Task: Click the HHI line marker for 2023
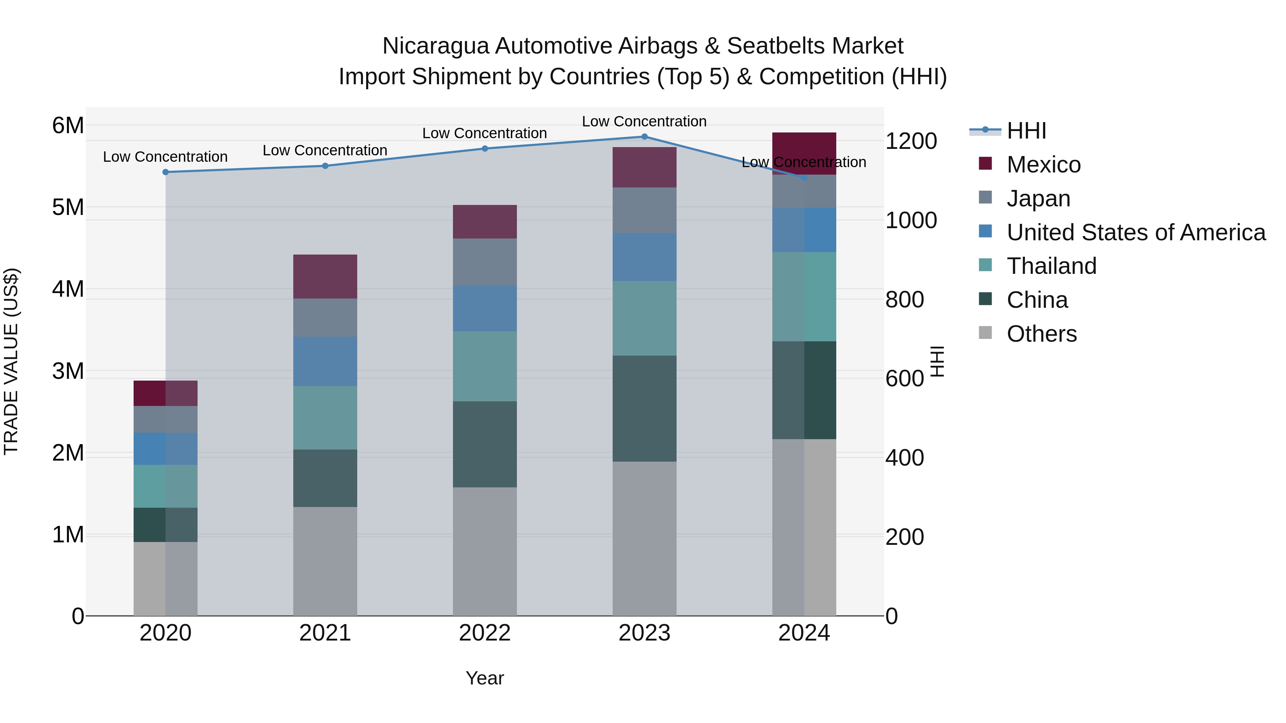click(644, 137)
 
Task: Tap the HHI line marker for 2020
click(166, 172)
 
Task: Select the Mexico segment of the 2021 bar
click(325, 276)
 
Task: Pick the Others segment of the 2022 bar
click(484, 551)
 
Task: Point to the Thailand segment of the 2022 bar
click(484, 366)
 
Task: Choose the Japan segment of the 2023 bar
click(644, 210)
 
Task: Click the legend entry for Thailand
click(1051, 266)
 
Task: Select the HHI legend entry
click(1026, 131)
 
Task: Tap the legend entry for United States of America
click(1135, 232)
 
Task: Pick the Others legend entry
click(1041, 334)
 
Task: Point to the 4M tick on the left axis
click(68, 289)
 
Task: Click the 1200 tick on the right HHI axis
click(911, 141)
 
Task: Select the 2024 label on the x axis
click(804, 633)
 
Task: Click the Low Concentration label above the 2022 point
click(484, 133)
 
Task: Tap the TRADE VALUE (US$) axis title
click(11, 361)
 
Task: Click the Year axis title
click(484, 678)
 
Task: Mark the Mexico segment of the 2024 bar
click(804, 153)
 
